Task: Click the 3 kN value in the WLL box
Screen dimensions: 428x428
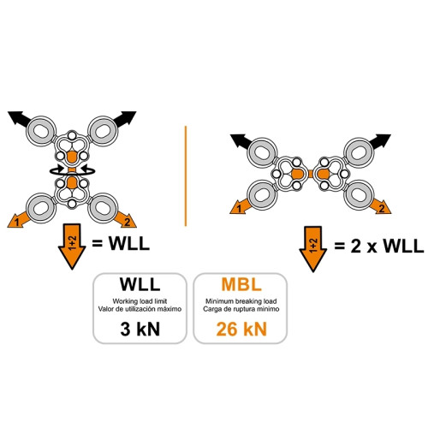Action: coord(140,329)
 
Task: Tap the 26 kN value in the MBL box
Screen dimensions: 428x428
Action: coord(241,329)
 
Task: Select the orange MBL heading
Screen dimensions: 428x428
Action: coord(241,284)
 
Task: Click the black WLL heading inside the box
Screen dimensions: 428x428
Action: coord(140,284)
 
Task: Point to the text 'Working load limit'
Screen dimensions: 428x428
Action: coord(140,301)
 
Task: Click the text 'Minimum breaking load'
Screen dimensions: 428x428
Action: coord(241,301)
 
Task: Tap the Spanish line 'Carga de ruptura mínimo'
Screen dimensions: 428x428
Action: coord(241,309)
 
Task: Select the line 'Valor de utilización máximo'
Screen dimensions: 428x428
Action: coord(140,309)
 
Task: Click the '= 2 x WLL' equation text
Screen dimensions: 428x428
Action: coord(379,246)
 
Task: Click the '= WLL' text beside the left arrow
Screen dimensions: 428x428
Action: coord(121,244)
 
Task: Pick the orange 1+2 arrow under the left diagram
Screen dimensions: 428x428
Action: coord(72,246)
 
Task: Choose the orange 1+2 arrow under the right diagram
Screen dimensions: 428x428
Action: coord(313,249)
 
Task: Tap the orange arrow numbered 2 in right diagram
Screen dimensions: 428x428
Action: coord(381,206)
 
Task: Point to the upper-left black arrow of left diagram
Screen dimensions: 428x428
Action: coord(20,118)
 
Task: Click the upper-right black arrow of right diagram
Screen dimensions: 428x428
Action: coord(379,141)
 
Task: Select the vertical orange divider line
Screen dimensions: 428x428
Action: coord(186,176)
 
